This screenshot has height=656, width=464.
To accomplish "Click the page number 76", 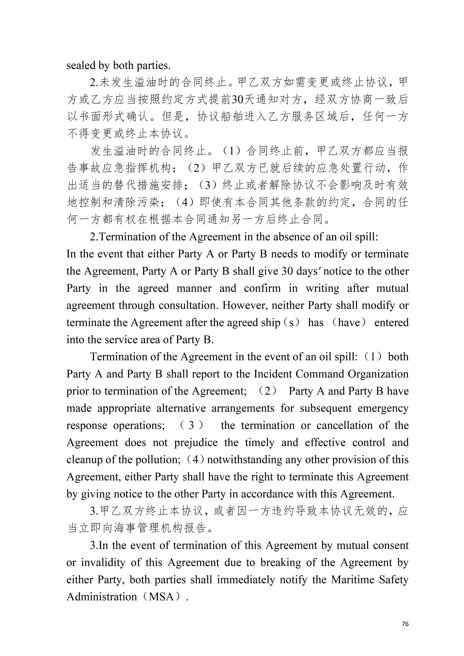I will (x=405, y=624).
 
